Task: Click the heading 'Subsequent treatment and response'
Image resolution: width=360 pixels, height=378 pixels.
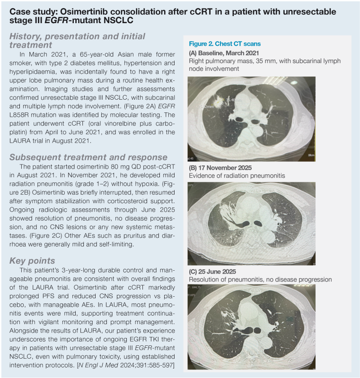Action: tap(88, 157)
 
